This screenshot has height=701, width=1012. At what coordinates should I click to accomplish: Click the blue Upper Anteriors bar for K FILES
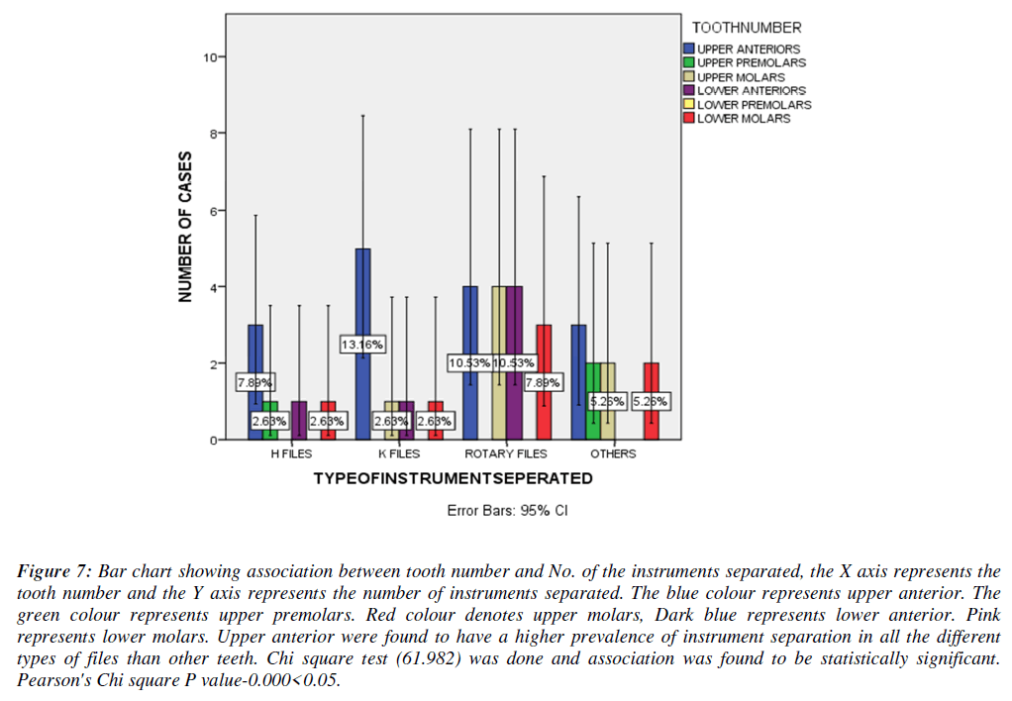(x=362, y=297)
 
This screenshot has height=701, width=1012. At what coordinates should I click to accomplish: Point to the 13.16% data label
(x=362, y=345)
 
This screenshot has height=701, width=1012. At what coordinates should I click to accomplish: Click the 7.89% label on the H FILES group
(x=254, y=382)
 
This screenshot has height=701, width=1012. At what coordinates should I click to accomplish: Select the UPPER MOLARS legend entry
(x=741, y=76)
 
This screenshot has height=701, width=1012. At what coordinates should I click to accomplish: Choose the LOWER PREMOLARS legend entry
(x=754, y=104)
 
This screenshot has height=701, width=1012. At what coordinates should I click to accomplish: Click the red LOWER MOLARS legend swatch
(x=689, y=118)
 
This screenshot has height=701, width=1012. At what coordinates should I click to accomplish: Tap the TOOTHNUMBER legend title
(x=747, y=27)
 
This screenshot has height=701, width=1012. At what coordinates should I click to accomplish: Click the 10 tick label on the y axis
(x=210, y=57)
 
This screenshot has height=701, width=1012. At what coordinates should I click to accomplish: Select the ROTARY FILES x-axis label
(x=505, y=453)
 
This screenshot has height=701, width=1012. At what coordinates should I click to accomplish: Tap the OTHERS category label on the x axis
(x=613, y=453)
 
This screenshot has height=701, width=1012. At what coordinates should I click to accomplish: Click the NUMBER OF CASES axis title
(x=185, y=227)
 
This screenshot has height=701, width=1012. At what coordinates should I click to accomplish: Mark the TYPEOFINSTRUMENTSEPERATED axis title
(x=453, y=478)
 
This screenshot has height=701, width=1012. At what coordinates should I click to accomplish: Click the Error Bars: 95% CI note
(x=507, y=511)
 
